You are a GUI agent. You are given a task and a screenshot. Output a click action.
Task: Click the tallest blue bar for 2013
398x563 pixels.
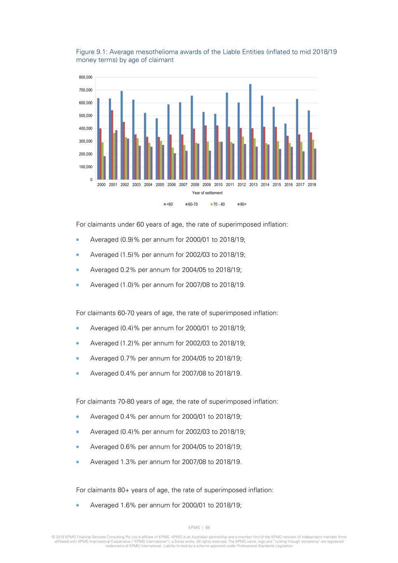(250, 132)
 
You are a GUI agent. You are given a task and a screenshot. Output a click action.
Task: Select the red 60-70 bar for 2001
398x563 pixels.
(112, 145)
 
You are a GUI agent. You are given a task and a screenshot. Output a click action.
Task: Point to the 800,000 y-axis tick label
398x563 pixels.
(86, 78)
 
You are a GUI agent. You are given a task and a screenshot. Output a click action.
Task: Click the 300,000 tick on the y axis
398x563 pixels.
(86, 141)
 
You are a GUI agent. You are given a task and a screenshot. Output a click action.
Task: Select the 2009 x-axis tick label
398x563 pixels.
(207, 185)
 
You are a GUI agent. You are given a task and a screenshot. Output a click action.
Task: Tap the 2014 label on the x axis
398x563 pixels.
(265, 185)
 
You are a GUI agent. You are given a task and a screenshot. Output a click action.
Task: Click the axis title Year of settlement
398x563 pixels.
(207, 193)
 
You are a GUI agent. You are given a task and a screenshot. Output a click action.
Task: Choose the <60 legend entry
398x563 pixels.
(168, 205)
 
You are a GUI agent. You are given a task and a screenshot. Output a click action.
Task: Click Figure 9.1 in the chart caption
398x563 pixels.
(91, 52)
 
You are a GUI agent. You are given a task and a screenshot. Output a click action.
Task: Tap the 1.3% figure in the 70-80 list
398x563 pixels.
(128, 462)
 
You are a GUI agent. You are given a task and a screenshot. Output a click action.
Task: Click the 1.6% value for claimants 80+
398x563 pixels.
(128, 505)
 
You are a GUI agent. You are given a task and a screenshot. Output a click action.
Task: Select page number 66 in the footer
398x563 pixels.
(208, 528)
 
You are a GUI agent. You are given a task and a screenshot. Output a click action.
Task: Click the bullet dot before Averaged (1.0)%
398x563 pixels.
(78, 285)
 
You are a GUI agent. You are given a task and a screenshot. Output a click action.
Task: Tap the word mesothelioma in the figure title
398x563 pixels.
(157, 52)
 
